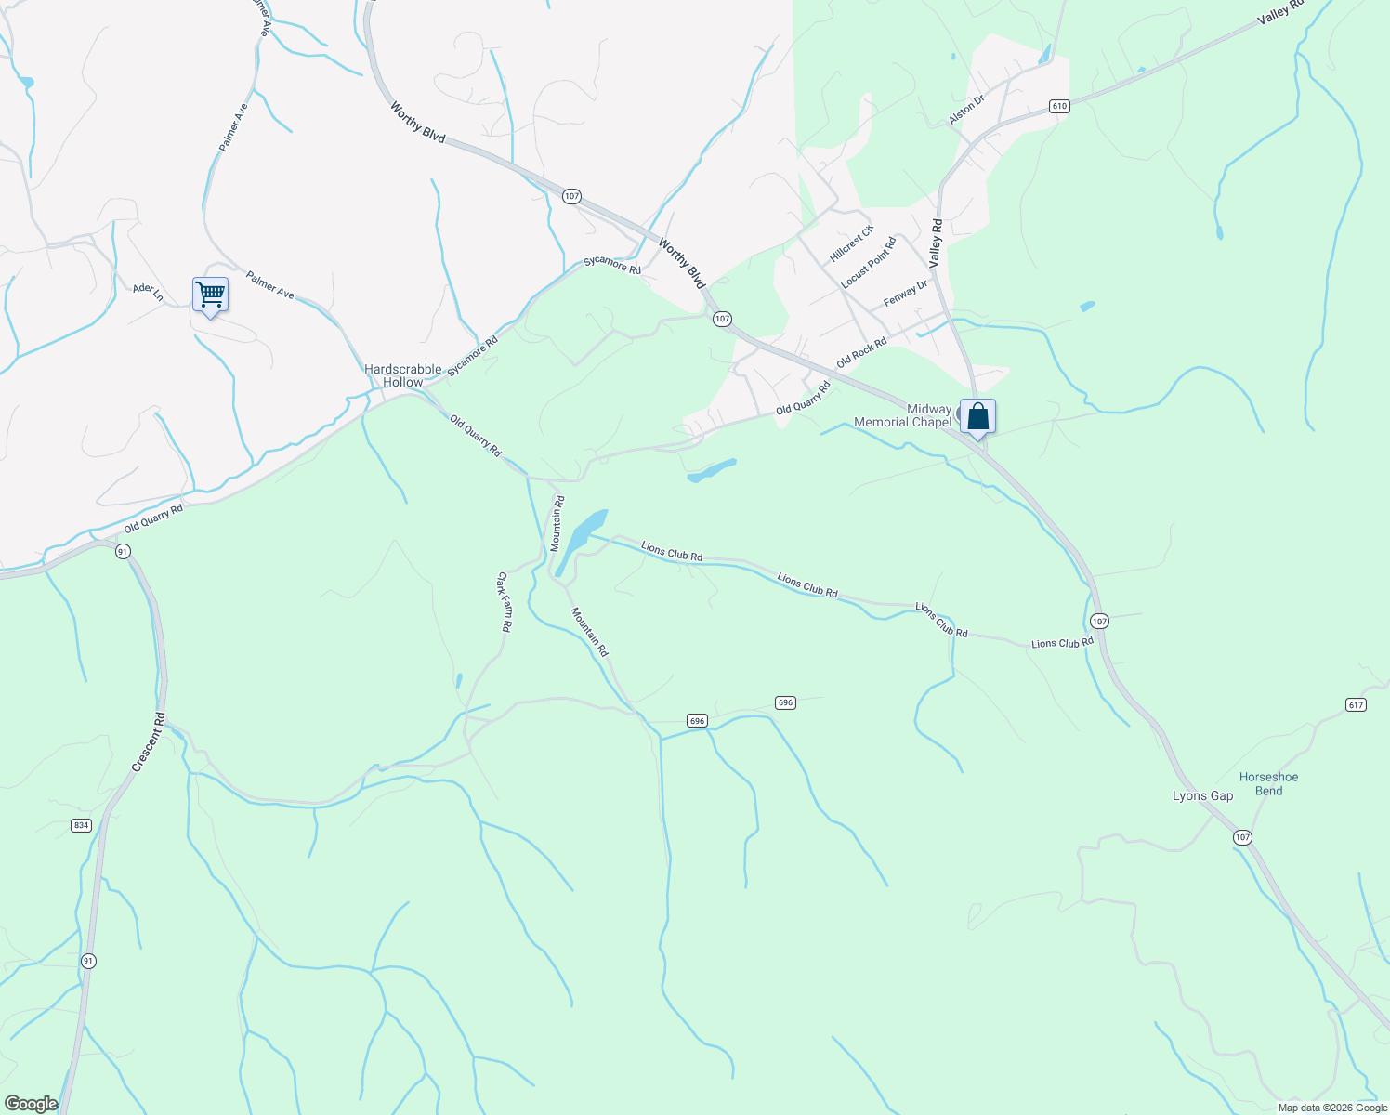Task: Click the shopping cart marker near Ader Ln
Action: (211, 295)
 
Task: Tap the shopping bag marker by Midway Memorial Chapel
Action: (977, 416)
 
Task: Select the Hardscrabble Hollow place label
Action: (402, 375)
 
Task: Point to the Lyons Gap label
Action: (1202, 795)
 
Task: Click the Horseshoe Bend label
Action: (1268, 783)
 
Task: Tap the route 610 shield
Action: (1059, 106)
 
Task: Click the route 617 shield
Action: (1356, 705)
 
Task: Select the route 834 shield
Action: (82, 825)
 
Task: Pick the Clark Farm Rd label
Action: (504, 602)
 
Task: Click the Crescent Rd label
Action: (149, 741)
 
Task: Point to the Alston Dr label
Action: (966, 110)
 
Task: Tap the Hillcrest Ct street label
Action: (852, 243)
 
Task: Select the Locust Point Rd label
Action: (868, 263)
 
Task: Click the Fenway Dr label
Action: (905, 294)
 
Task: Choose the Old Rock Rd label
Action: (861, 352)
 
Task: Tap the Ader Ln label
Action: (148, 292)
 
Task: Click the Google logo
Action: (32, 1104)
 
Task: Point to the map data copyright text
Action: (1331, 1108)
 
